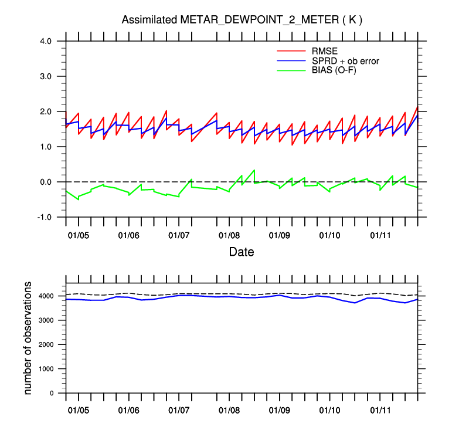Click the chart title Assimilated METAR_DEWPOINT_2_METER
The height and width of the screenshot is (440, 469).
click(x=242, y=20)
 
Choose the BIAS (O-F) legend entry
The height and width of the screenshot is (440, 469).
click(x=334, y=70)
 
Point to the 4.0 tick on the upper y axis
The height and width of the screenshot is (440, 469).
click(x=46, y=41)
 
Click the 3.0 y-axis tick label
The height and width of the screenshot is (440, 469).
click(x=46, y=76)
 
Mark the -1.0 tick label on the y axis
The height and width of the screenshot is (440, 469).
click(x=45, y=217)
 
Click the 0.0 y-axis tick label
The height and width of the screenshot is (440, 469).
click(x=46, y=182)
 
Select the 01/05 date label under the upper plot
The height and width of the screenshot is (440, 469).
click(x=79, y=235)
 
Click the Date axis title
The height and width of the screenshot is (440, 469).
click(x=242, y=253)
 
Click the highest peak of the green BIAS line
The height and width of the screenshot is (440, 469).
click(x=254, y=170)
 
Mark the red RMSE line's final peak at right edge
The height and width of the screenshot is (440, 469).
click(x=417, y=106)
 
